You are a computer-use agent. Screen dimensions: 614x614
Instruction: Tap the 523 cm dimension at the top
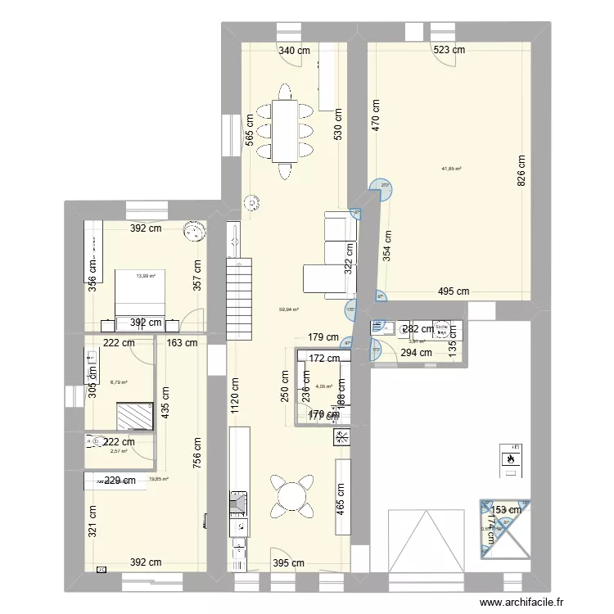(449, 50)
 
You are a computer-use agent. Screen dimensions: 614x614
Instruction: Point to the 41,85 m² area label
(451, 169)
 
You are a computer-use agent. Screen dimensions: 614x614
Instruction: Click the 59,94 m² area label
(289, 309)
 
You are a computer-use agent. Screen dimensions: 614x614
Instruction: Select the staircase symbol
(242, 298)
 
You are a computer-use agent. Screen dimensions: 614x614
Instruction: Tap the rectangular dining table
(285, 130)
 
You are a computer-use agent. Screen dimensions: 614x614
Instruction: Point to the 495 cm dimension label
(453, 291)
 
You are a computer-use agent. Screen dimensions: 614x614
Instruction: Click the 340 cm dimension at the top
(295, 50)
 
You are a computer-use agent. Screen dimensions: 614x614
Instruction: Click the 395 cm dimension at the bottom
(288, 563)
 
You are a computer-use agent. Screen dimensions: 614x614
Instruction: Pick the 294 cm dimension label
(416, 353)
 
